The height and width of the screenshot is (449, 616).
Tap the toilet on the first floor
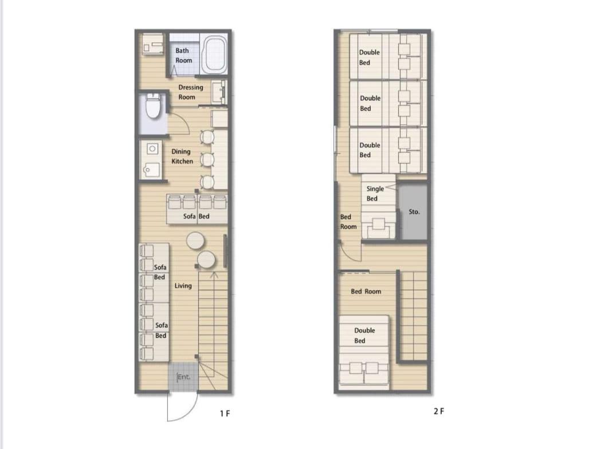pyautogui.click(x=153, y=106)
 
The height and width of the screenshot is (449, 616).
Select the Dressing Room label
pyautogui.click(x=191, y=92)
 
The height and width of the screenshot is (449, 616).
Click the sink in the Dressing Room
pyautogui.click(x=219, y=92)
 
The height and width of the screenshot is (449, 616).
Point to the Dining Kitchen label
pyautogui.click(x=182, y=156)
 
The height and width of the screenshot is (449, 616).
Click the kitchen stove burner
pyautogui.click(x=152, y=149)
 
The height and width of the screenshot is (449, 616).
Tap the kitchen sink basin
pyautogui.click(x=151, y=170)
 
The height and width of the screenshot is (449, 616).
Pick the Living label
pyautogui.click(x=183, y=286)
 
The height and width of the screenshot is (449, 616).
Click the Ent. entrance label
pyautogui.click(x=183, y=377)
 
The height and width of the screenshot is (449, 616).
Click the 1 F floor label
pyautogui.click(x=225, y=413)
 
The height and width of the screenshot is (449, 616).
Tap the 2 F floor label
pyautogui.click(x=439, y=411)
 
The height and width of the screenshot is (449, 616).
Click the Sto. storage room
pyautogui.click(x=413, y=212)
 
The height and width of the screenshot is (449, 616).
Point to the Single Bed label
pyautogui.click(x=375, y=193)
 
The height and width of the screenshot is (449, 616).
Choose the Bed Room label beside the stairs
pyautogui.click(x=366, y=291)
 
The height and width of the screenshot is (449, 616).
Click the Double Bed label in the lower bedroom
pyautogui.click(x=364, y=335)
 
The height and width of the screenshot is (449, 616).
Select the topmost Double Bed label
pyautogui.click(x=369, y=57)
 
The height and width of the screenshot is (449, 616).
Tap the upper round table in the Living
pyautogui.click(x=195, y=241)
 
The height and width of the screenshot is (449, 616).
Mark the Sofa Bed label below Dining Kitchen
pyautogui.click(x=196, y=216)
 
